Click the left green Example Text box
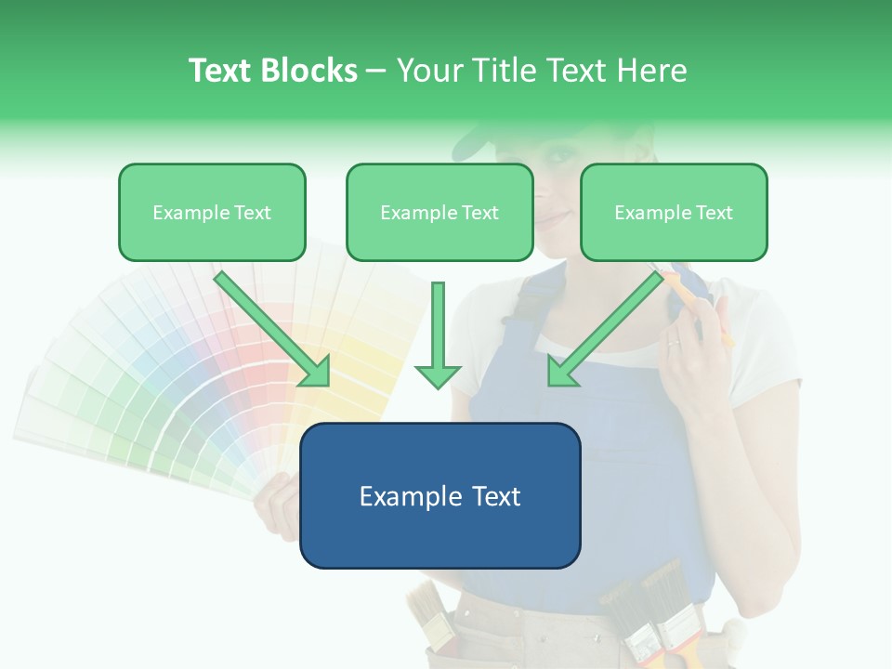pos(212,213)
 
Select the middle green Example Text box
pos(439,213)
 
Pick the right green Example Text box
pos(674,213)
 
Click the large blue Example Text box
pos(439,496)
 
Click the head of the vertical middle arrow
pos(438,375)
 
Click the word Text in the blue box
pos(492,496)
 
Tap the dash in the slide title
pos(376,72)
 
